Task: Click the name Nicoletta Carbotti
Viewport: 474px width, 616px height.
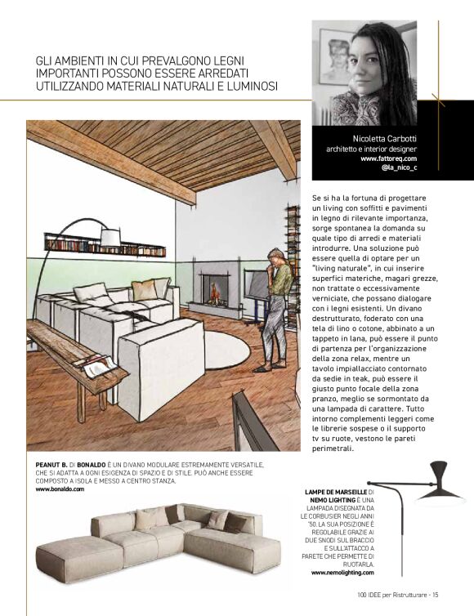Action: (385, 139)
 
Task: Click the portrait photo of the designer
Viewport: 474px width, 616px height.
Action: (364, 73)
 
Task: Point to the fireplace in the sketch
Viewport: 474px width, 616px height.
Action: (217, 290)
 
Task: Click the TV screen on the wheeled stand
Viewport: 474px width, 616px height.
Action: (257, 286)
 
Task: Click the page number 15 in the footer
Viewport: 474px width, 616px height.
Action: (436, 594)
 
